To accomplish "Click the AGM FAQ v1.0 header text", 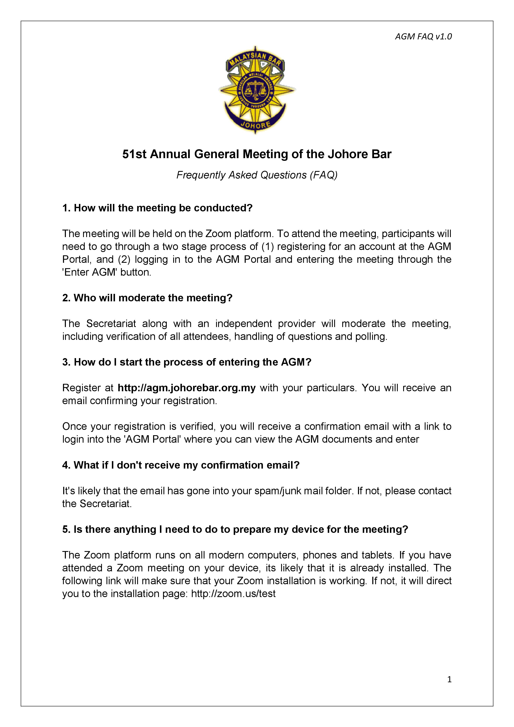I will coord(423,37).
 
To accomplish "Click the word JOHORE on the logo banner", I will coord(256,124).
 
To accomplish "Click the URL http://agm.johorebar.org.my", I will coord(186,388).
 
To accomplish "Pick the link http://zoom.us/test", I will coord(233,594).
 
